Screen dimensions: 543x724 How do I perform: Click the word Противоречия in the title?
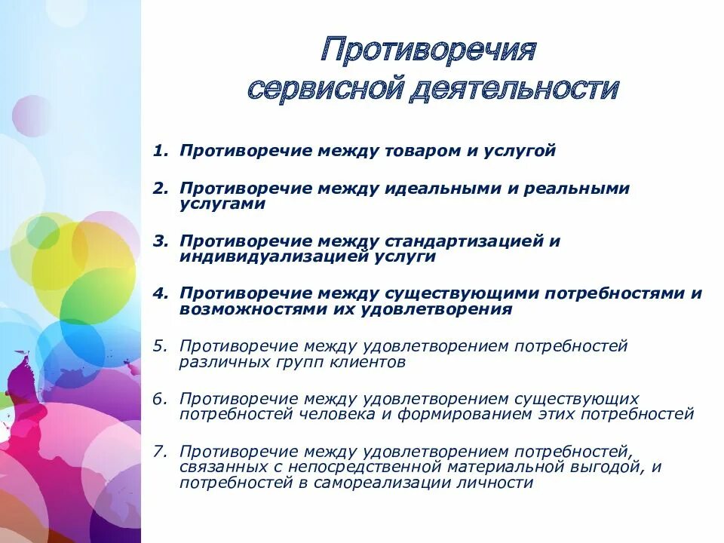pyautogui.click(x=428, y=51)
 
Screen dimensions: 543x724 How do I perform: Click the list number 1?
pyautogui.click(x=158, y=151)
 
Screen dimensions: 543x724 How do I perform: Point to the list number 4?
pyautogui.click(x=158, y=293)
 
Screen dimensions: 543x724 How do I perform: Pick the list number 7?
pyautogui.click(x=158, y=452)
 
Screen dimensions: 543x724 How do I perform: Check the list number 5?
pyautogui.click(x=158, y=346)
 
